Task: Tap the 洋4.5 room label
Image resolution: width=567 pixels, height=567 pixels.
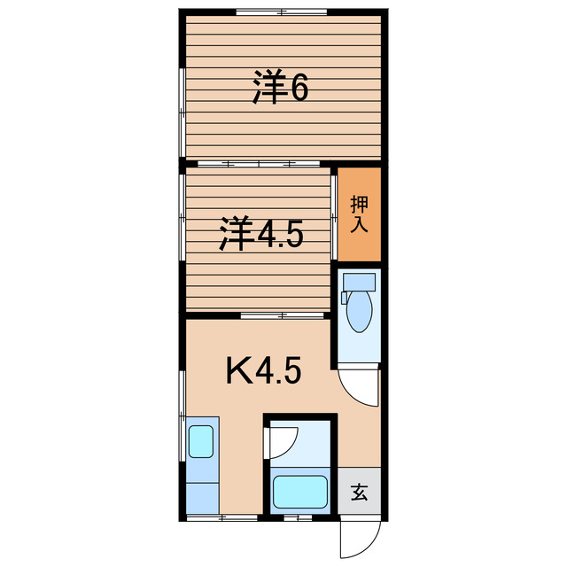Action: (x=262, y=236)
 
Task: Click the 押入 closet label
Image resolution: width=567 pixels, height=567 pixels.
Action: (x=359, y=214)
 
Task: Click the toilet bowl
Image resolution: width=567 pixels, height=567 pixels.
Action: (x=359, y=312)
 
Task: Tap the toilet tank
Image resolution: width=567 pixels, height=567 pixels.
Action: (x=359, y=283)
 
